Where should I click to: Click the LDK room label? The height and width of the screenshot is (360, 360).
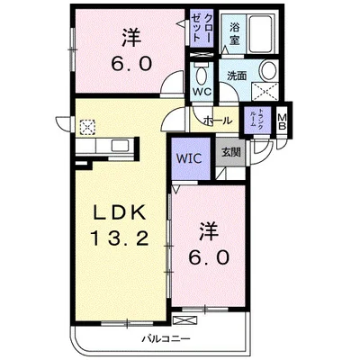[120, 212]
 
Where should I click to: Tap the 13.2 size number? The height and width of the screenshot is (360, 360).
[120, 239]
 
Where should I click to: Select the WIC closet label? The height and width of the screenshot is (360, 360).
[189, 158]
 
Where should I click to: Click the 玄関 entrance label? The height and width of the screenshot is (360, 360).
[231, 153]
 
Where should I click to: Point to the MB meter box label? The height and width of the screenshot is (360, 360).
[283, 121]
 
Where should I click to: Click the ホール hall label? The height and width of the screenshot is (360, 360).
[218, 121]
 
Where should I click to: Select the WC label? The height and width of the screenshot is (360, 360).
[202, 92]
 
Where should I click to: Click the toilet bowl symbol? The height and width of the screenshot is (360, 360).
[201, 75]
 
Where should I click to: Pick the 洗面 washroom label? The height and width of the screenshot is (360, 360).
[237, 76]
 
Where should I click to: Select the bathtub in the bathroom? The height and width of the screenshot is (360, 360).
[261, 33]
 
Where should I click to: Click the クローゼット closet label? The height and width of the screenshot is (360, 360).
[202, 28]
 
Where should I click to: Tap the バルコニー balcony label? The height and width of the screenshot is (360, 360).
[166, 339]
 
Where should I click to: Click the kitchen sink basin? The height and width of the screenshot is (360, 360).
[121, 146]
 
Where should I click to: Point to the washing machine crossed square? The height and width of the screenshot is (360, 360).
[265, 92]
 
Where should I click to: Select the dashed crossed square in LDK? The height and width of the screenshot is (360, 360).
[87, 127]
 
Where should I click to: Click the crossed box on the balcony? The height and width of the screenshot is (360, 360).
[185, 320]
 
